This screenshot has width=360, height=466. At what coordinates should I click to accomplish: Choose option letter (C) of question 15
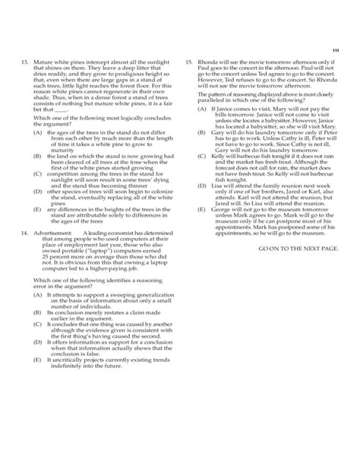click(x=201, y=153)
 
